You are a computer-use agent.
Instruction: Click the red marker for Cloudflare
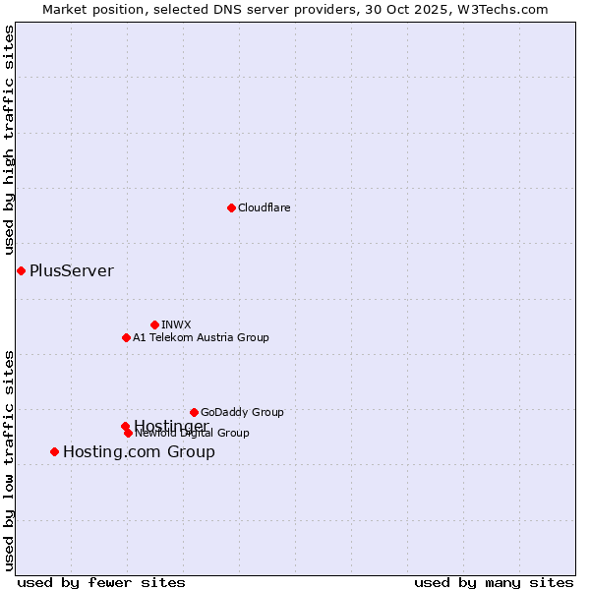click(231, 207)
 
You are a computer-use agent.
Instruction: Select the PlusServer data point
click(21, 270)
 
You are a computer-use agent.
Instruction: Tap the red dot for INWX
click(154, 324)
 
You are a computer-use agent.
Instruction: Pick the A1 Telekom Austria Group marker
click(126, 337)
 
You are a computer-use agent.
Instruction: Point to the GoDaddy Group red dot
click(194, 412)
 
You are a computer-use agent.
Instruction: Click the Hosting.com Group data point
click(54, 451)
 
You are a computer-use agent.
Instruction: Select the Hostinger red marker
click(125, 426)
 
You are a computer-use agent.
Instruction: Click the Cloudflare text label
click(264, 207)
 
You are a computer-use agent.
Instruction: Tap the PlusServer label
click(72, 270)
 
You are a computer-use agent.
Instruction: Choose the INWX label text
click(176, 324)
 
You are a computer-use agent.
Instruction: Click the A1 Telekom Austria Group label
click(201, 337)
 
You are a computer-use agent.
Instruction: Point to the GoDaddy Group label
click(242, 412)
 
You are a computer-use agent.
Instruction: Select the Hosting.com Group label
click(139, 452)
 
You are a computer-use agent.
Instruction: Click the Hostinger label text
click(171, 425)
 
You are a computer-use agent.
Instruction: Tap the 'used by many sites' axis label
click(494, 583)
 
